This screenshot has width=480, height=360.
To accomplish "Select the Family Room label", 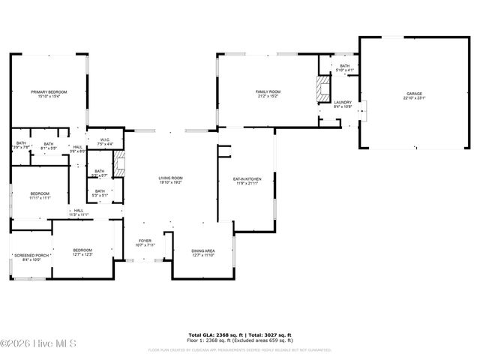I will coord(268,91).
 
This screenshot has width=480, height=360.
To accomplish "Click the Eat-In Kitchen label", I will coord(246,179).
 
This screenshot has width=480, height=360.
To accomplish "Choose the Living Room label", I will coord(170,178).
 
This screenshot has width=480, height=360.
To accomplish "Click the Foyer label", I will coord(145,241).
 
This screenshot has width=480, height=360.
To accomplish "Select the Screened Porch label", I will coord(31,255).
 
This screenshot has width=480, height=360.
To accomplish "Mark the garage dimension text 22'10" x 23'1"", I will coord(415,98).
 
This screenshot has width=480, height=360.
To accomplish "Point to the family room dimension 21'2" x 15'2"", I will coord(268,96).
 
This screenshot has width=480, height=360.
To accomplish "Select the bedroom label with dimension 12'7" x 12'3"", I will coord(82,250).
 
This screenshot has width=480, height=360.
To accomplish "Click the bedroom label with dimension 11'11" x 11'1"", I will coord(40,193).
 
